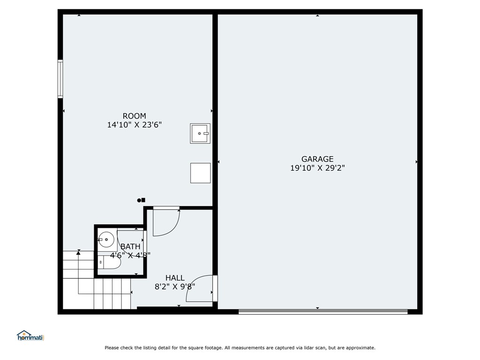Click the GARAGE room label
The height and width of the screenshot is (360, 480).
(x=317, y=159)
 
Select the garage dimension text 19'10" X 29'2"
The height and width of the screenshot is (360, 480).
(x=317, y=168)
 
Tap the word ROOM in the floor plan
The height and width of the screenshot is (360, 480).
(x=134, y=116)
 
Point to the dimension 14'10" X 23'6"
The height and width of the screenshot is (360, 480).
(x=135, y=125)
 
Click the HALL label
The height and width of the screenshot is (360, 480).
(x=175, y=278)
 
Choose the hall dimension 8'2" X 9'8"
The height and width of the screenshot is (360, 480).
(x=175, y=287)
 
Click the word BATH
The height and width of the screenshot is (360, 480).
(x=130, y=247)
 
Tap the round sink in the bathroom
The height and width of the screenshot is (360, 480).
(x=107, y=240)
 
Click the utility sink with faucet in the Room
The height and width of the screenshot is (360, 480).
(x=200, y=134)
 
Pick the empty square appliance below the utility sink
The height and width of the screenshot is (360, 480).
(x=200, y=173)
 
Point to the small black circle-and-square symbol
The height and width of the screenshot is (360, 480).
(x=141, y=200)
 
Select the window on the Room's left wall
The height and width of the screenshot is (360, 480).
(x=60, y=79)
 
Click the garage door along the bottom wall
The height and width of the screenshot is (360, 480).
(x=323, y=311)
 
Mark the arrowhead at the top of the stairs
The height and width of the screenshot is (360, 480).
(x=78, y=253)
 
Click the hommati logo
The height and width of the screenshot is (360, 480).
(x=30, y=336)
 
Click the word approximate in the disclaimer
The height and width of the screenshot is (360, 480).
(x=359, y=348)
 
